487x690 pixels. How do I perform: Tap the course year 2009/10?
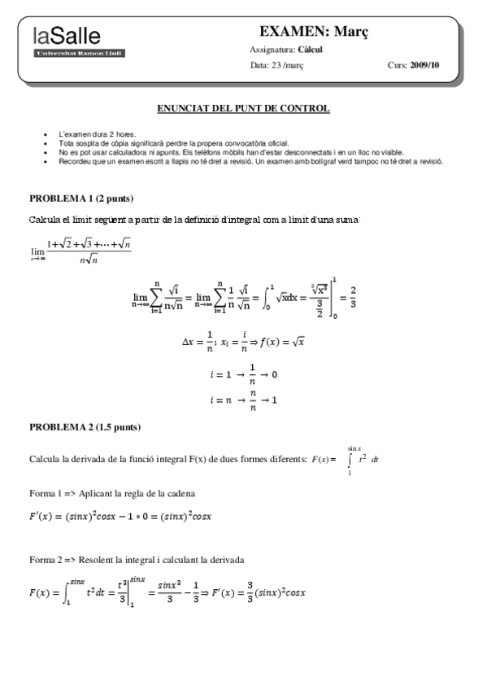(424, 65)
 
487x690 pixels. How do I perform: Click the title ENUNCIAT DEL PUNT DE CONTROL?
(242, 108)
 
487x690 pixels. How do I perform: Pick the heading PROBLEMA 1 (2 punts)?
(81, 199)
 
